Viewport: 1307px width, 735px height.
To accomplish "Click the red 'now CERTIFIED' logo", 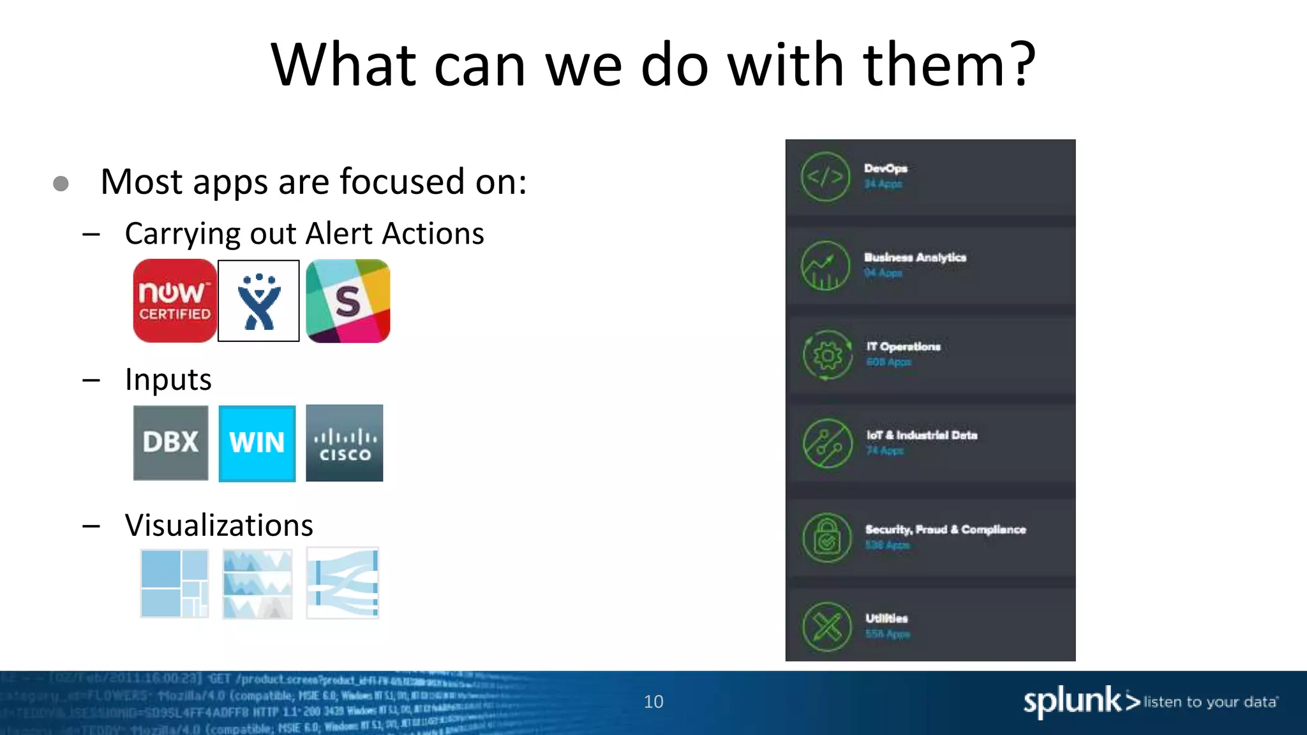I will point(174,301).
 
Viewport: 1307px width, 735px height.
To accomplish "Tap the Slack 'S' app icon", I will point(348,301).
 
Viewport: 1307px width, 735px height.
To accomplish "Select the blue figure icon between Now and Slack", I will point(258,301).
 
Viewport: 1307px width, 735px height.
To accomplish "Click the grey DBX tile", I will point(170,443).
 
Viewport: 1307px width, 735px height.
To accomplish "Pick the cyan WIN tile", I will point(257,443).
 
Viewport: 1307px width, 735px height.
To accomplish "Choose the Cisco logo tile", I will point(345,443).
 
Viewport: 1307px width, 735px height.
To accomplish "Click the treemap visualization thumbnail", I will point(174,583).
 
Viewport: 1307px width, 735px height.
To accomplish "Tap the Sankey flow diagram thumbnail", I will point(343,583).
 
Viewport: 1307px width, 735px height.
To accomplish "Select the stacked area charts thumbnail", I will point(257,583).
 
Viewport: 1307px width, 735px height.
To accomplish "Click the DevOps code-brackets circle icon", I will point(825,177).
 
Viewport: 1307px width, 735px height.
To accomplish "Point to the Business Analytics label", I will point(915,257).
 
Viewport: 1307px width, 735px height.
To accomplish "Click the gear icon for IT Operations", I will point(827,355).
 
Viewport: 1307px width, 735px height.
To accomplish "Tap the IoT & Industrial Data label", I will point(922,435).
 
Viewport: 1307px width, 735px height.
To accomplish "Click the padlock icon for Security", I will point(826,538).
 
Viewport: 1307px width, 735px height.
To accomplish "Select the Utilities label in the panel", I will point(886,618).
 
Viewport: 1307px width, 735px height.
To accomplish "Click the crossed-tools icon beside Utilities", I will point(826,627).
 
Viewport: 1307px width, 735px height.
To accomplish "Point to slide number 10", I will point(653,702).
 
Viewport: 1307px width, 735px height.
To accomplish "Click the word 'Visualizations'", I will point(219,525).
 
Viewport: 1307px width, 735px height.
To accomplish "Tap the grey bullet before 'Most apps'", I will point(61,184).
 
